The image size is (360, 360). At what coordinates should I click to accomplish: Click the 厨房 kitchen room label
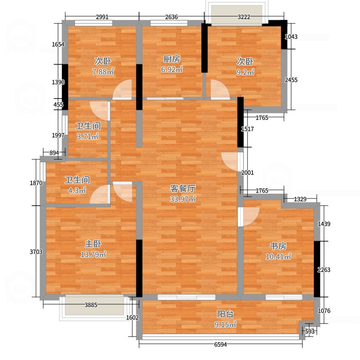coord(172,59)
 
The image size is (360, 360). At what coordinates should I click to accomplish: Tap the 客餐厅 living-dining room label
coord(183,189)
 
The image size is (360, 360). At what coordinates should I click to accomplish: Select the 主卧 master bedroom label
coord(93,244)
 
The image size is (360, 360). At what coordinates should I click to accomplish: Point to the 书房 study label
coord(278,246)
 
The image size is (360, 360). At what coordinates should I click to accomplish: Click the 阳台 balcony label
coord(225,314)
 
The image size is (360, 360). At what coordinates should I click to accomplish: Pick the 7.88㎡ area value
coord(103,72)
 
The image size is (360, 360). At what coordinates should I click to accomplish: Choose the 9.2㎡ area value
coord(245,72)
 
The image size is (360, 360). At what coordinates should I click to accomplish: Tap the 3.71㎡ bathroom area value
coord(88,137)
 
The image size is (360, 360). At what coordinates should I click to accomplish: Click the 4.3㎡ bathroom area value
coord(77,190)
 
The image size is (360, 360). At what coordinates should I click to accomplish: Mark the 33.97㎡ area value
coord(183,199)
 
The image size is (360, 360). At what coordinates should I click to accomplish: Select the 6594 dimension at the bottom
coord(220,344)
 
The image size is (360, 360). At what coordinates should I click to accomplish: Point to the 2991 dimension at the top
coord(102,17)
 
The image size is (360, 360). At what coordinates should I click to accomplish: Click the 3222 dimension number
coord(244,17)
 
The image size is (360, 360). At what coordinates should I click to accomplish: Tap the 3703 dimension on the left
coord(36,252)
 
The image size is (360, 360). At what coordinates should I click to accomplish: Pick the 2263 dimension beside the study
coord(324,270)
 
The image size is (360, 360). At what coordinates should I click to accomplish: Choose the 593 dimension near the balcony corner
coord(310,332)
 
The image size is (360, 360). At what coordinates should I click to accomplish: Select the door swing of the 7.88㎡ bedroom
coord(122,89)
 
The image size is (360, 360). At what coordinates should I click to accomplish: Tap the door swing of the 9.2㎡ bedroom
coord(220,89)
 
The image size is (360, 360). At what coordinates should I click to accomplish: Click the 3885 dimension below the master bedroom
coord(91,305)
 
